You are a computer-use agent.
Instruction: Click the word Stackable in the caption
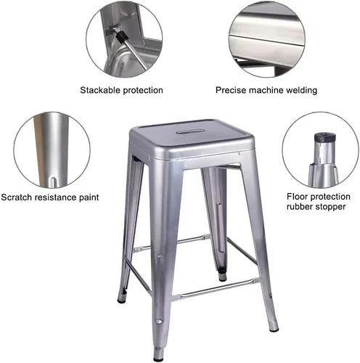pyautogui.click(x=100, y=90)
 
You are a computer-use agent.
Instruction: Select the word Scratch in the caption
pyautogui.click(x=17, y=197)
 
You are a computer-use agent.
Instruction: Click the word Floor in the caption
pyautogui.click(x=296, y=197)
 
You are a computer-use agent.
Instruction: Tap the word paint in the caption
pyautogui.click(x=89, y=197)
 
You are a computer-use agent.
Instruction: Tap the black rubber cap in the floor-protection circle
pyautogui.click(x=325, y=138)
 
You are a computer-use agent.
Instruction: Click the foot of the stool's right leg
pyautogui.click(x=274, y=326)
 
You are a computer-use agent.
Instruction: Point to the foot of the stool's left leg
pyautogui.click(x=121, y=298)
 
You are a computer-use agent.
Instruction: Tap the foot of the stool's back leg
pyautogui.click(x=222, y=276)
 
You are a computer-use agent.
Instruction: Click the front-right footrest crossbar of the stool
pyautogui.click(x=216, y=288)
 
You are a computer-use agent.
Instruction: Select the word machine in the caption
pyautogui.click(x=266, y=90)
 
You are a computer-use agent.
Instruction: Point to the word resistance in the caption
pyautogui.click(x=56, y=197)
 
